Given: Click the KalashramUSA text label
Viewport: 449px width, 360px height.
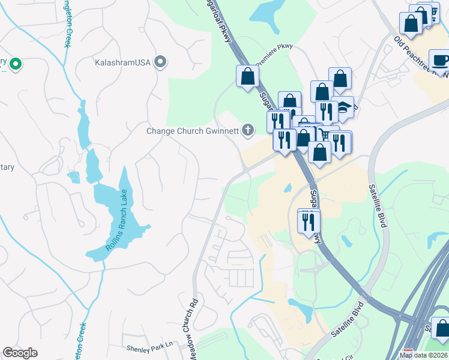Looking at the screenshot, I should [x=122, y=62].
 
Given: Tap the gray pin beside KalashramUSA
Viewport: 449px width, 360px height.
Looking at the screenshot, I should [x=160, y=61].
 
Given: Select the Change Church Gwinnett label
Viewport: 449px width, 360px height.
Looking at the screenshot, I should [x=193, y=130].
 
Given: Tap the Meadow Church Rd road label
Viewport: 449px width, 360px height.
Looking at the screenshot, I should [x=194, y=324].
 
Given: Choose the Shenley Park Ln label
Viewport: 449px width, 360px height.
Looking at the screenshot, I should [x=149, y=346].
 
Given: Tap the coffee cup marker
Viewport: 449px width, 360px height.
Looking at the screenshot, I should [x=440, y=60].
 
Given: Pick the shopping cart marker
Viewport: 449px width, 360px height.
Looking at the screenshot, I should [x=327, y=134].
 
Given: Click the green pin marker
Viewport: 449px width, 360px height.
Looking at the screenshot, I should [x=16, y=62].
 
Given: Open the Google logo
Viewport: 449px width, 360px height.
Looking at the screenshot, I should [x=20, y=353].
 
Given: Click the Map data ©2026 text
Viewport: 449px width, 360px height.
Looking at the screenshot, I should [x=424, y=355].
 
